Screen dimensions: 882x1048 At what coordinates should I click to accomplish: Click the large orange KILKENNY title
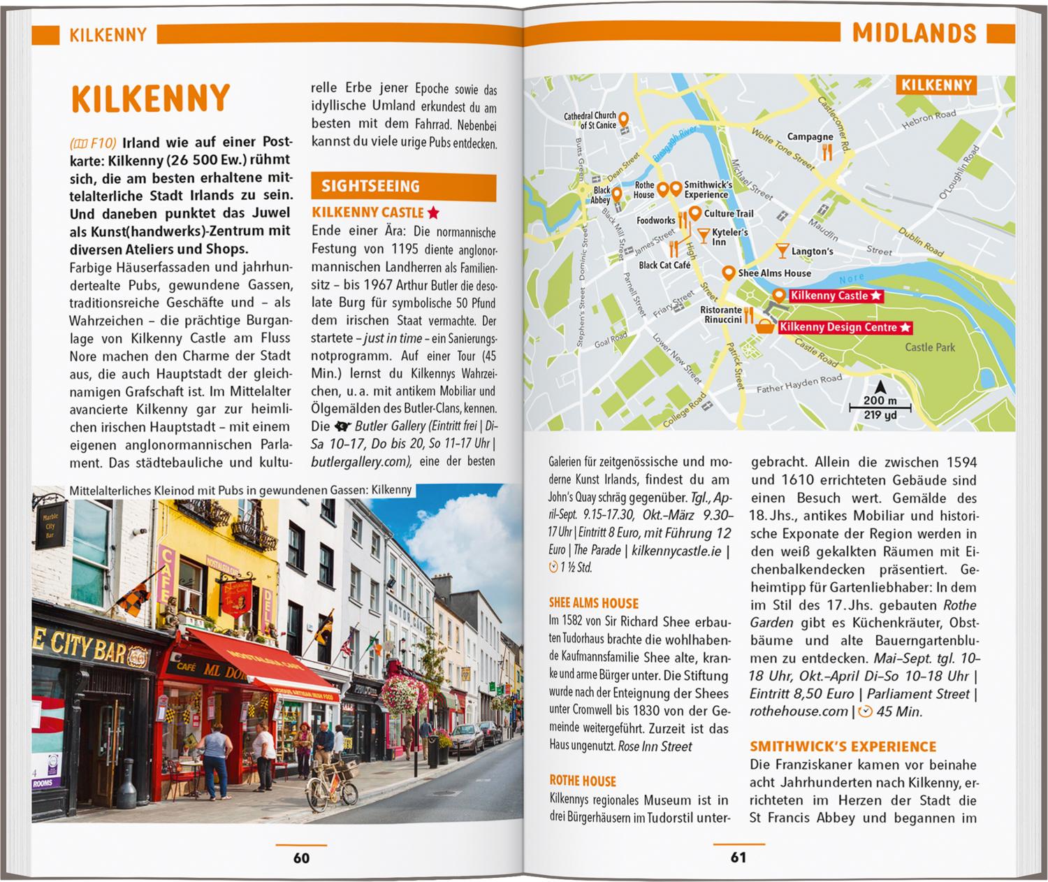coord(151,99)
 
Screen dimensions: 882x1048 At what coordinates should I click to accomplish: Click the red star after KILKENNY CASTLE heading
coord(433,212)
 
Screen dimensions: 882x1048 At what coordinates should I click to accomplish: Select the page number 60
coord(301,858)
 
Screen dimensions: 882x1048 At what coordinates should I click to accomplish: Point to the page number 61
coord(738,858)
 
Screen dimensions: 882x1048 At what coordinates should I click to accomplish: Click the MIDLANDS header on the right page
coord(914,33)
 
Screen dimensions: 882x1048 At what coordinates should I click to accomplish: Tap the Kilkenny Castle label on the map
coord(829,296)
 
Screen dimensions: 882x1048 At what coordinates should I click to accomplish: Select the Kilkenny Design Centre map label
coord(838,327)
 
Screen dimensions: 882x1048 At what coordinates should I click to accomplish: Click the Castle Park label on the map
coord(929,347)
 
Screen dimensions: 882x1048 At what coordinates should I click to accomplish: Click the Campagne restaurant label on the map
coord(810,137)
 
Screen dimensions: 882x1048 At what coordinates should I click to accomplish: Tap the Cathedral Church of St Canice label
coord(590,120)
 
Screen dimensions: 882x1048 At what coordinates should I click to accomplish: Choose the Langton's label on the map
coord(812,251)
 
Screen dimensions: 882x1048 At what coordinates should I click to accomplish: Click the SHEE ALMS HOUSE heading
coord(593,603)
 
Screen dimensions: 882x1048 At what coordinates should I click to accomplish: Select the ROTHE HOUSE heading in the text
coord(583,781)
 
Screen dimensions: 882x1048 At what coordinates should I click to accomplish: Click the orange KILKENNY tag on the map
coord(936,85)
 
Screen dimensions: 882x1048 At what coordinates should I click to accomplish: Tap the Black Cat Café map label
coord(664,265)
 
